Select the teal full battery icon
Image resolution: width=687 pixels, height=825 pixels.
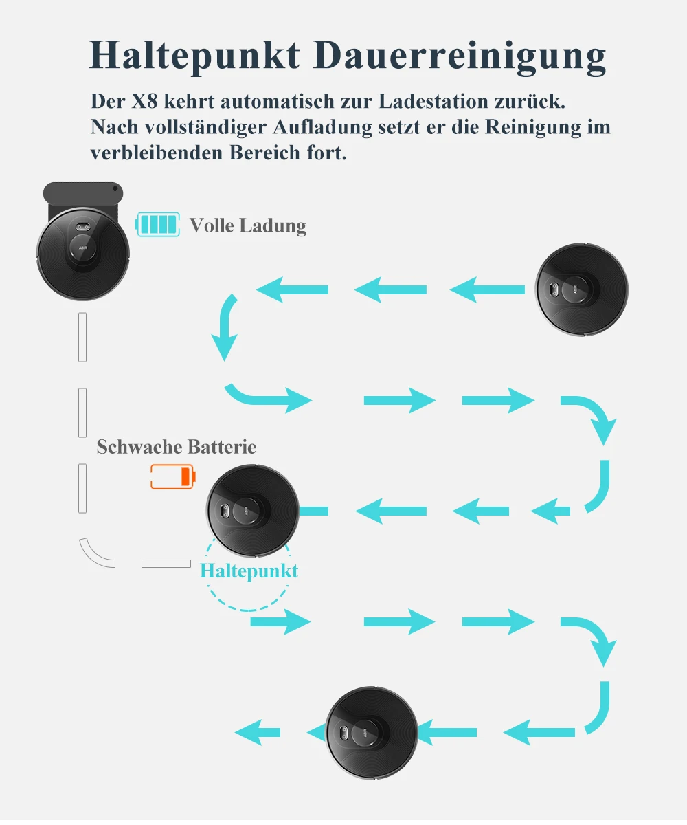158,225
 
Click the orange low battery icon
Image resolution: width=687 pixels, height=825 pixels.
173,476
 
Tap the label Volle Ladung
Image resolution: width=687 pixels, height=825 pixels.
248,225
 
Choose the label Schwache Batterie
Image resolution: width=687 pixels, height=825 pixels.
177,447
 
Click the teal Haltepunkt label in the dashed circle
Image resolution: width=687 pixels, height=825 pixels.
249,571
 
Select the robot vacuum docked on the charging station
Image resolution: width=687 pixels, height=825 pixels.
82,254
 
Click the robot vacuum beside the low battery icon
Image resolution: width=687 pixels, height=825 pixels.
253,509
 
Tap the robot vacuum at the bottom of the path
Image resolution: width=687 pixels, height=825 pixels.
372,731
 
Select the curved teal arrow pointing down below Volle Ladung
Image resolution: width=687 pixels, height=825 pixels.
226,327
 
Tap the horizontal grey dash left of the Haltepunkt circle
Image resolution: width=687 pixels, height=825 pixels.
166,564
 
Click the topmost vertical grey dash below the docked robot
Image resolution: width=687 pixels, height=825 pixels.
82,337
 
